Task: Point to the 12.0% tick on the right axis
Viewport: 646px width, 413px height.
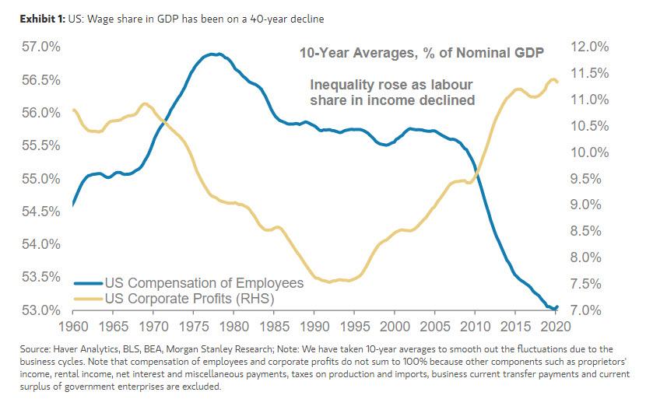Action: [x=589, y=47]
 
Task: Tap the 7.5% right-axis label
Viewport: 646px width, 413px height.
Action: [x=589, y=283]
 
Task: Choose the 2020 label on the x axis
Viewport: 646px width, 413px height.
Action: [x=556, y=325]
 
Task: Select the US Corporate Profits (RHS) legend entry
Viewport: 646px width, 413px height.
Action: [x=190, y=297]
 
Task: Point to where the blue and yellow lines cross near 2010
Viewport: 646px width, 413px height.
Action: [x=476, y=177]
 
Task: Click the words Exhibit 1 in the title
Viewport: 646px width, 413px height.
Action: [x=35, y=19]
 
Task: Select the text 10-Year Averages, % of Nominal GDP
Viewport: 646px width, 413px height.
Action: [x=422, y=54]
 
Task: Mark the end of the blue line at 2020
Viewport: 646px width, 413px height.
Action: [x=557, y=307]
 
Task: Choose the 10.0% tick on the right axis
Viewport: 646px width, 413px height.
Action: [x=589, y=152]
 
